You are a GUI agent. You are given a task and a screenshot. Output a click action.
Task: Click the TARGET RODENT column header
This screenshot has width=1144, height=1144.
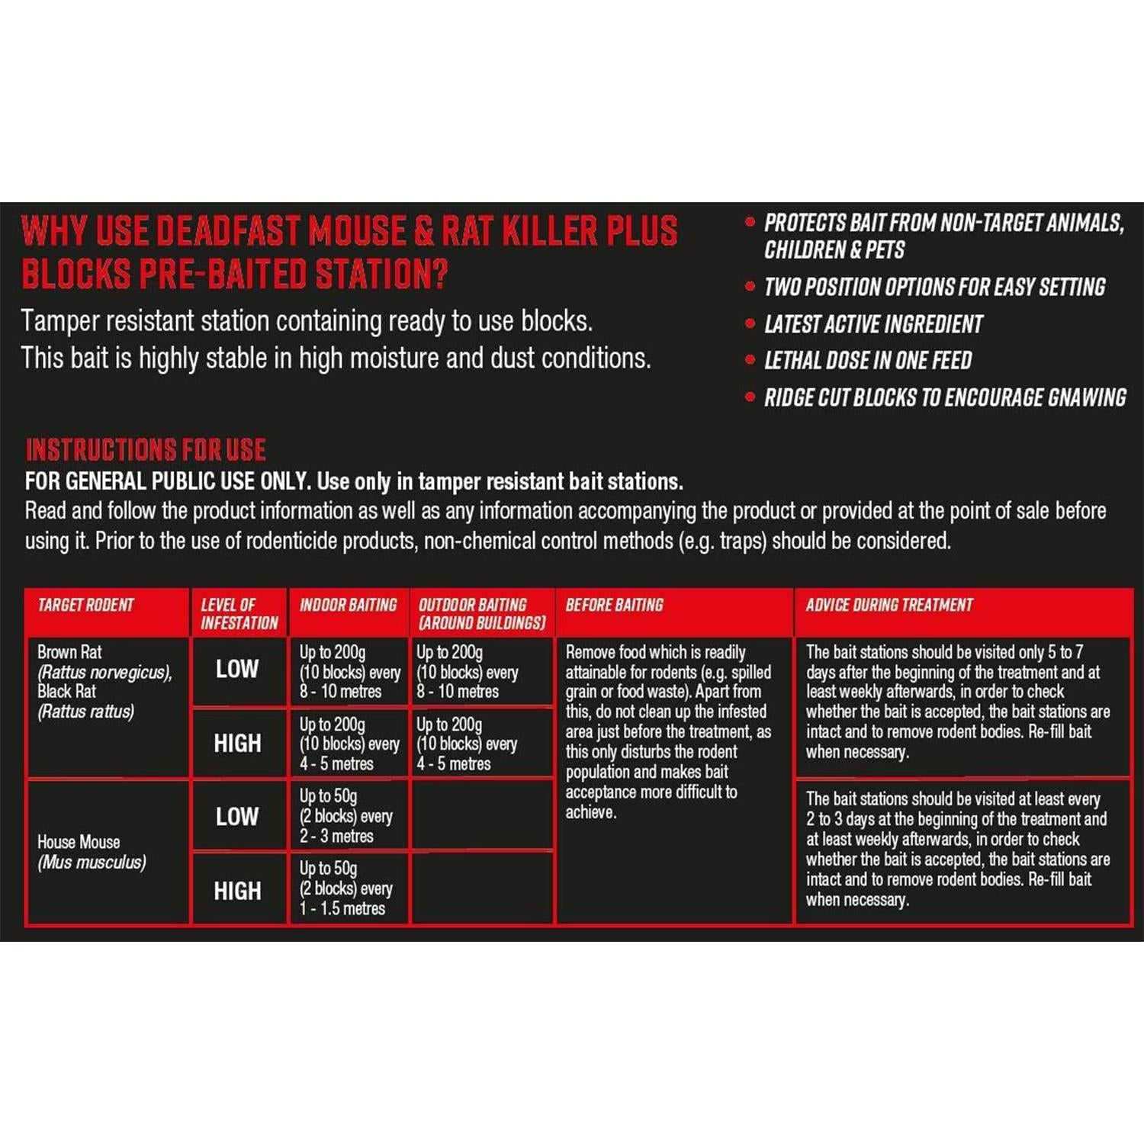tap(85, 606)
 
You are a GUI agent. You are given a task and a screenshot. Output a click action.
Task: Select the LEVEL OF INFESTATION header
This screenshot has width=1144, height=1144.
tap(239, 614)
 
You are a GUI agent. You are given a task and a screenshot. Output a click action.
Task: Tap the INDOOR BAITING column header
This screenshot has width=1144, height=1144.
tap(348, 606)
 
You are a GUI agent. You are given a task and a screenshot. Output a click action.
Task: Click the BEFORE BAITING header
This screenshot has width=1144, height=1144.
tap(614, 606)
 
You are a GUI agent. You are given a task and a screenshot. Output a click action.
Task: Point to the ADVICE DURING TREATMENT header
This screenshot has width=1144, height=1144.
tap(889, 606)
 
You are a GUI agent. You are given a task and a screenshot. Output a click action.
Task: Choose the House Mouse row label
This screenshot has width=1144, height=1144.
tap(92, 852)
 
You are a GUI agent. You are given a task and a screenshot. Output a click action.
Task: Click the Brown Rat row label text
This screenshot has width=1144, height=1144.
tap(69, 653)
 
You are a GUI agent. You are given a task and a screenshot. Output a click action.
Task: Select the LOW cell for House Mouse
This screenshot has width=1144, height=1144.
tap(237, 817)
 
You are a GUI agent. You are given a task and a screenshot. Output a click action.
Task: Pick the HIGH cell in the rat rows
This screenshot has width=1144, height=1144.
tap(237, 744)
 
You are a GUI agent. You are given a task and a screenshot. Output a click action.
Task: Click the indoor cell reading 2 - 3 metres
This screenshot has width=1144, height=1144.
tap(346, 816)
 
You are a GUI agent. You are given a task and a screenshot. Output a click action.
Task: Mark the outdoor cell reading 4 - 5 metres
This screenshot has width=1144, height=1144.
tap(467, 744)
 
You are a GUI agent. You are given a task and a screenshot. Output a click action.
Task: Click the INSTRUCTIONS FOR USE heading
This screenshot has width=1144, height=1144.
tap(146, 450)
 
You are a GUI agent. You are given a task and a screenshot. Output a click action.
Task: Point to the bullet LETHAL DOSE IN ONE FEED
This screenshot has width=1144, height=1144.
tap(868, 361)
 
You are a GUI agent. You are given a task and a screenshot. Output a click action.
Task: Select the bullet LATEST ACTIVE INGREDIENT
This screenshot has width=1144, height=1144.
tap(873, 324)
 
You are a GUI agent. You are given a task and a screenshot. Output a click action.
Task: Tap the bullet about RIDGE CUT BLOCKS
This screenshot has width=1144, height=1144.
tap(945, 397)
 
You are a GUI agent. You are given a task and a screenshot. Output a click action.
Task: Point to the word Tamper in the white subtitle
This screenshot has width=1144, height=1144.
tap(59, 322)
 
